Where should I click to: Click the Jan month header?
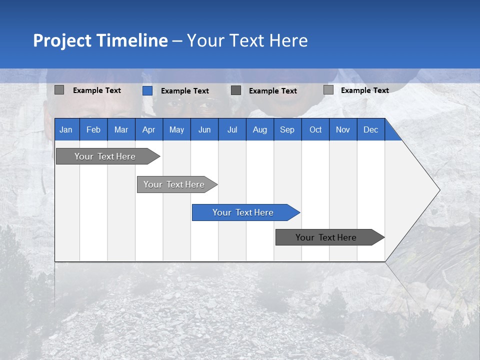[x=66, y=129]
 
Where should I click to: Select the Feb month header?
[x=93, y=129]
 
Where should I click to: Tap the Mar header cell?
[x=121, y=129]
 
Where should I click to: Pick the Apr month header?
[x=149, y=129]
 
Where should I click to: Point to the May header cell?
[x=176, y=129]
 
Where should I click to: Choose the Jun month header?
[x=204, y=129]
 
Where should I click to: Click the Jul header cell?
[x=232, y=129]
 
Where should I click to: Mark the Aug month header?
[x=260, y=129]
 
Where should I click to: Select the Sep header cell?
[x=287, y=129]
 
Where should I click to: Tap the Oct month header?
[x=315, y=129]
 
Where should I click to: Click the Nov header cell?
[x=343, y=129]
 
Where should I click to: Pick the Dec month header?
[x=371, y=129]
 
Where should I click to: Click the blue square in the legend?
[x=147, y=90]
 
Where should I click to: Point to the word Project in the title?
[x=62, y=40]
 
